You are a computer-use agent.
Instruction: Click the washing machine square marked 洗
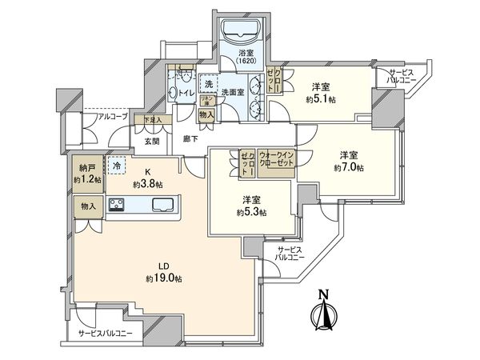207,84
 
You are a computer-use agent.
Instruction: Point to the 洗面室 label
232,92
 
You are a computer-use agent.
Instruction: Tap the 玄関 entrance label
153,141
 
